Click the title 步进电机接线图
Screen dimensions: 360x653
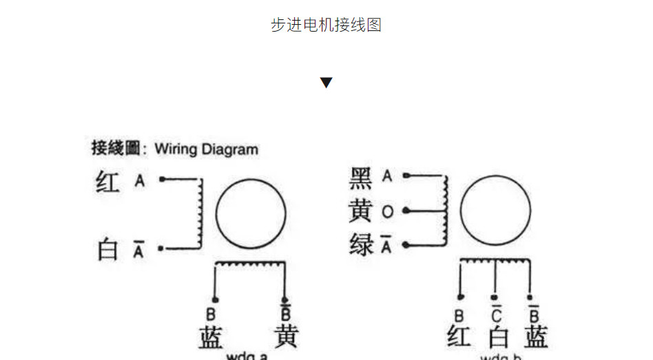tap(326, 25)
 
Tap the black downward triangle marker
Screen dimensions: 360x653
tap(326, 83)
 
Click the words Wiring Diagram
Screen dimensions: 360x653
tap(207, 149)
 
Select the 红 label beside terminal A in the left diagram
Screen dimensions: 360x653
tap(107, 182)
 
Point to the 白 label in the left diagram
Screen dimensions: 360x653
tap(107, 249)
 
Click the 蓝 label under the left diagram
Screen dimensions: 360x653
tap(211, 337)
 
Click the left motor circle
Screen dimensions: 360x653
tap(251, 212)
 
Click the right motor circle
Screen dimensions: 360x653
tap(495, 211)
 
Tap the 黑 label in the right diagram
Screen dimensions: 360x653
tap(361, 178)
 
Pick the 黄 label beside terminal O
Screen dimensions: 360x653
tap(361, 211)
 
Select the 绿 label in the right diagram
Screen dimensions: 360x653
tap(361, 244)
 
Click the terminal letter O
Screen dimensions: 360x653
tap(387, 212)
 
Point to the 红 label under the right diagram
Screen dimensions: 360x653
tap(459, 337)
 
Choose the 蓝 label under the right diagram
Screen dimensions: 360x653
tap(536, 337)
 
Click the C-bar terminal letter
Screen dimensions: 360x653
tap(495, 315)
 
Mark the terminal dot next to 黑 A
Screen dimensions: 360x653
tap(406, 176)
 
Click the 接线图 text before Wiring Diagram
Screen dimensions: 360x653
tap(116, 148)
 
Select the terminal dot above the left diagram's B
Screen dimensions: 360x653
tap(215, 299)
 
